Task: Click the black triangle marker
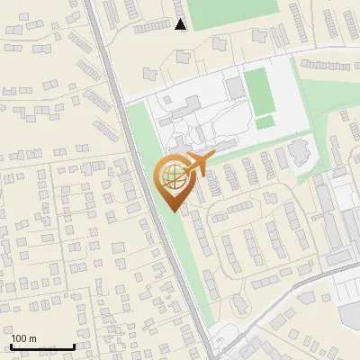181,24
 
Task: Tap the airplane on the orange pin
198,165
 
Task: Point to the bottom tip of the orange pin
174,211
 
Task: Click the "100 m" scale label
23,338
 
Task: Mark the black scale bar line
42,346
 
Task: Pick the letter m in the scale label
32,338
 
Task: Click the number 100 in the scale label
19,338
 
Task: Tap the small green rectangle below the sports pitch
265,122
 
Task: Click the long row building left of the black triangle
152,28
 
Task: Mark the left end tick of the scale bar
12,345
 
